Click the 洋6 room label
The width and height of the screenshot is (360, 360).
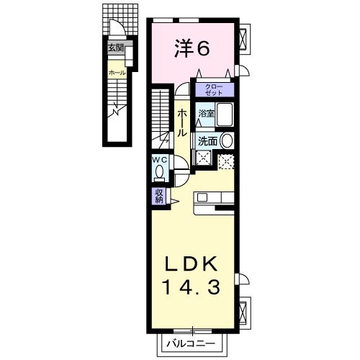coord(192,49)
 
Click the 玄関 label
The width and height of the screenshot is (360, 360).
coord(115,48)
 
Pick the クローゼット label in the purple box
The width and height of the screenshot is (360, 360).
coord(213,91)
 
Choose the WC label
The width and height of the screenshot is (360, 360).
coord(159,161)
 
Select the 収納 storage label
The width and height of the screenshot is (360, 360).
coord(158,195)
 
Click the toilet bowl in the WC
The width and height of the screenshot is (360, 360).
coord(159,174)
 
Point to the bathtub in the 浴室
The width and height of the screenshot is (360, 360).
coord(225,115)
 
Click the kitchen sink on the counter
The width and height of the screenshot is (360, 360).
coord(202,197)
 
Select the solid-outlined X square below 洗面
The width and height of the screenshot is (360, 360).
coord(203,160)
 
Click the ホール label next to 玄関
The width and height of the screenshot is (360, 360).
coord(116,73)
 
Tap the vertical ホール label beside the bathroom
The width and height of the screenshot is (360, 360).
coord(182,123)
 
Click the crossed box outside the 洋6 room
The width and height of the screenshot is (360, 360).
coord(244,37)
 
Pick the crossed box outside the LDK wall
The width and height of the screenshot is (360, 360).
coord(244,311)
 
